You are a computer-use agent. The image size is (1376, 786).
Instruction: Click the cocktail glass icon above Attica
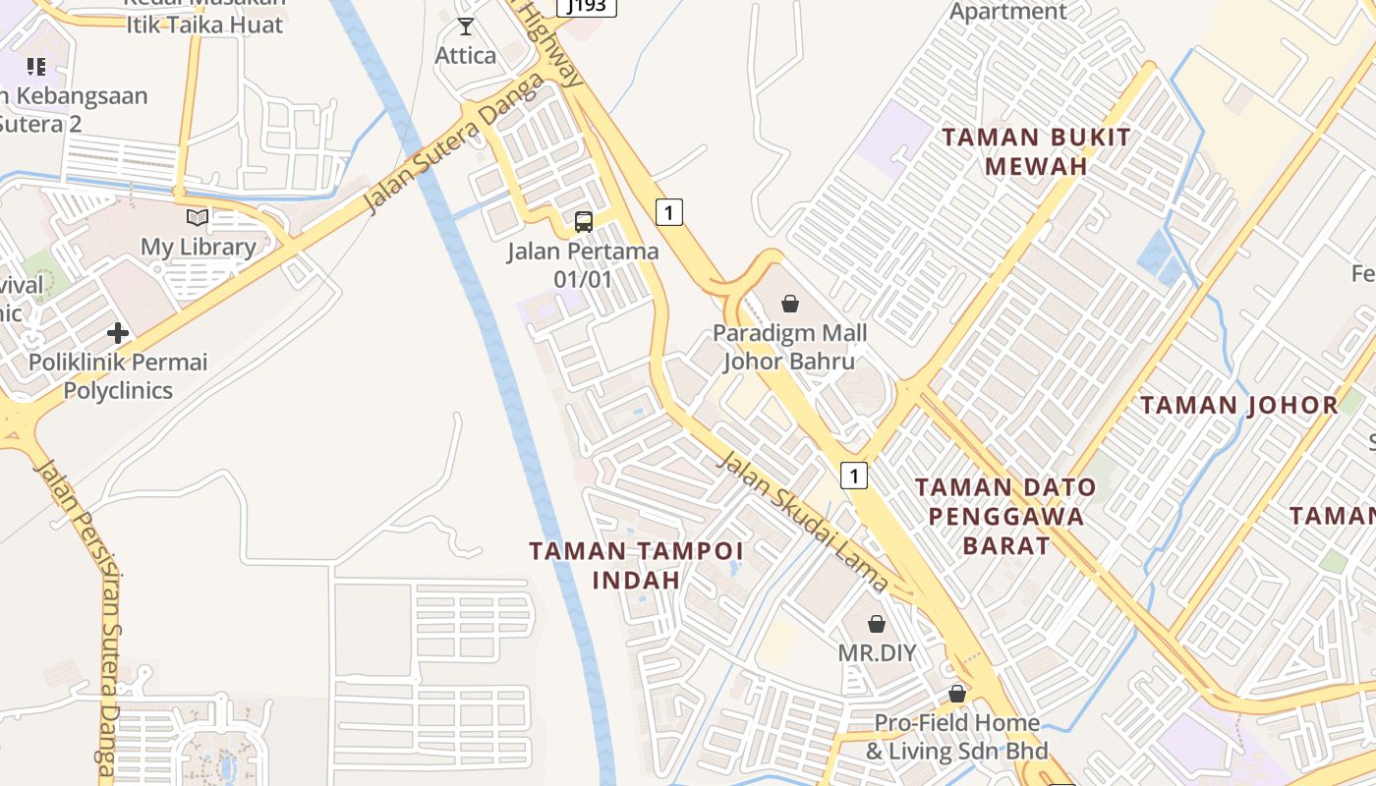point(466,27)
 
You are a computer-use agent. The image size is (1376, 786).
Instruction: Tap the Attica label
point(466,55)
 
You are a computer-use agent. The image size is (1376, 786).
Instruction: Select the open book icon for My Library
point(198,217)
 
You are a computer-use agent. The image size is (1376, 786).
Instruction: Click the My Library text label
point(199,247)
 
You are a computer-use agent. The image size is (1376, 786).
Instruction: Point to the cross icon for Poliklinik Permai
point(118,333)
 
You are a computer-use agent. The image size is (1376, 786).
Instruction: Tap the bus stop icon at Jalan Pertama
point(584,222)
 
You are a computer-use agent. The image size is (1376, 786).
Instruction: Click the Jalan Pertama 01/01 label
point(583,265)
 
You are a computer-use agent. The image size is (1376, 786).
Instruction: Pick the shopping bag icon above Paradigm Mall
point(790,304)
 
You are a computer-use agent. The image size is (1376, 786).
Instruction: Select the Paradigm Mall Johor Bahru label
point(790,347)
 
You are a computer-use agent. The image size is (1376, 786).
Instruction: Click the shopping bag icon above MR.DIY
point(877,624)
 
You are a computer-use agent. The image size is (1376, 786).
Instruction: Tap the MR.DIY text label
point(877,652)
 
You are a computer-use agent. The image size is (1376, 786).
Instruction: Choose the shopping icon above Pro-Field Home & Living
point(957,695)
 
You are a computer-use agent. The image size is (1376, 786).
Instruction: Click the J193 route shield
point(587,6)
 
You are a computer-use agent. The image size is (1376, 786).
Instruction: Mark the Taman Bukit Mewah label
point(1036,151)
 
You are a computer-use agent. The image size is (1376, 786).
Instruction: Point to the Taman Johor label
point(1239,405)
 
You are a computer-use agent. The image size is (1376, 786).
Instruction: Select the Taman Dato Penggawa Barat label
point(1005,516)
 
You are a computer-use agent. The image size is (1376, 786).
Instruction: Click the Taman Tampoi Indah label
point(636,565)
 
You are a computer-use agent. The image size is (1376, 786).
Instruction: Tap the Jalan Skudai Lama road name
point(803,521)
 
